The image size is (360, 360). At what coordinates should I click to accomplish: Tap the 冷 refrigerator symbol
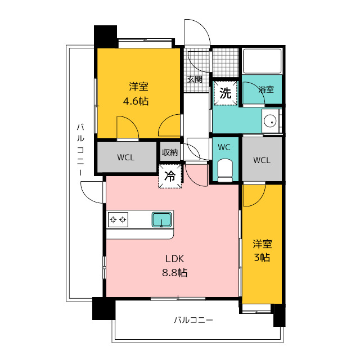[x=170, y=175]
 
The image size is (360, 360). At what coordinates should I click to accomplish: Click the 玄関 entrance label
[x=195, y=79]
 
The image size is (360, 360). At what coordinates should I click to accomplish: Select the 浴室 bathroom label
[x=266, y=89]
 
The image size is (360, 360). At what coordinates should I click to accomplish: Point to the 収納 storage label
[x=170, y=152]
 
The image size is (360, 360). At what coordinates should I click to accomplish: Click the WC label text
[x=224, y=147]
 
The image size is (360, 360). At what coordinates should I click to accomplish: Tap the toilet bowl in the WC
[x=225, y=169]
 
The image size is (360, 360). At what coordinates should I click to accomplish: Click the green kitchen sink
[x=161, y=219]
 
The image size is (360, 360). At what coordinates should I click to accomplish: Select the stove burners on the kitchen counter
[x=118, y=219]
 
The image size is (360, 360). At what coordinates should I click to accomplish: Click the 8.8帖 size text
[x=175, y=273]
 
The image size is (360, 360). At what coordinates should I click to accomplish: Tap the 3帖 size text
[x=262, y=258]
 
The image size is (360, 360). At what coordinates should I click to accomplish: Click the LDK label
[x=175, y=259]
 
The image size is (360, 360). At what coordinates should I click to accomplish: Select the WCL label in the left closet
[x=126, y=157]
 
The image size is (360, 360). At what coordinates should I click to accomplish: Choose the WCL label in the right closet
[x=262, y=160]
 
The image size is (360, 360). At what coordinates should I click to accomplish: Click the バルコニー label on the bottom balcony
[x=193, y=320]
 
